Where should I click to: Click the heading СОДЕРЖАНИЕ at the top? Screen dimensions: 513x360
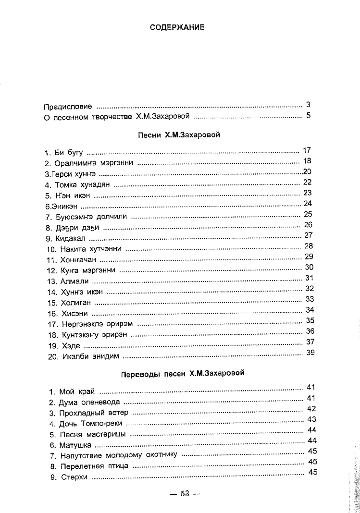click(x=177, y=27)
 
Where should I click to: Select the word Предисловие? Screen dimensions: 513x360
click(x=68, y=107)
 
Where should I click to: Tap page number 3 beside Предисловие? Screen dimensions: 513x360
click(x=308, y=104)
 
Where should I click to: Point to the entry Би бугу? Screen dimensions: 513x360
click(x=69, y=153)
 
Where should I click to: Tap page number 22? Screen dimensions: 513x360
click(x=308, y=182)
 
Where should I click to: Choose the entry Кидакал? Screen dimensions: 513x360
click(x=71, y=238)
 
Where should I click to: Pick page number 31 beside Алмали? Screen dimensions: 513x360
click(x=309, y=278)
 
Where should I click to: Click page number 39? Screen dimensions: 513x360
click(x=310, y=353)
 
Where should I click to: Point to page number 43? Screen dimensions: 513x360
click(x=311, y=419)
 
